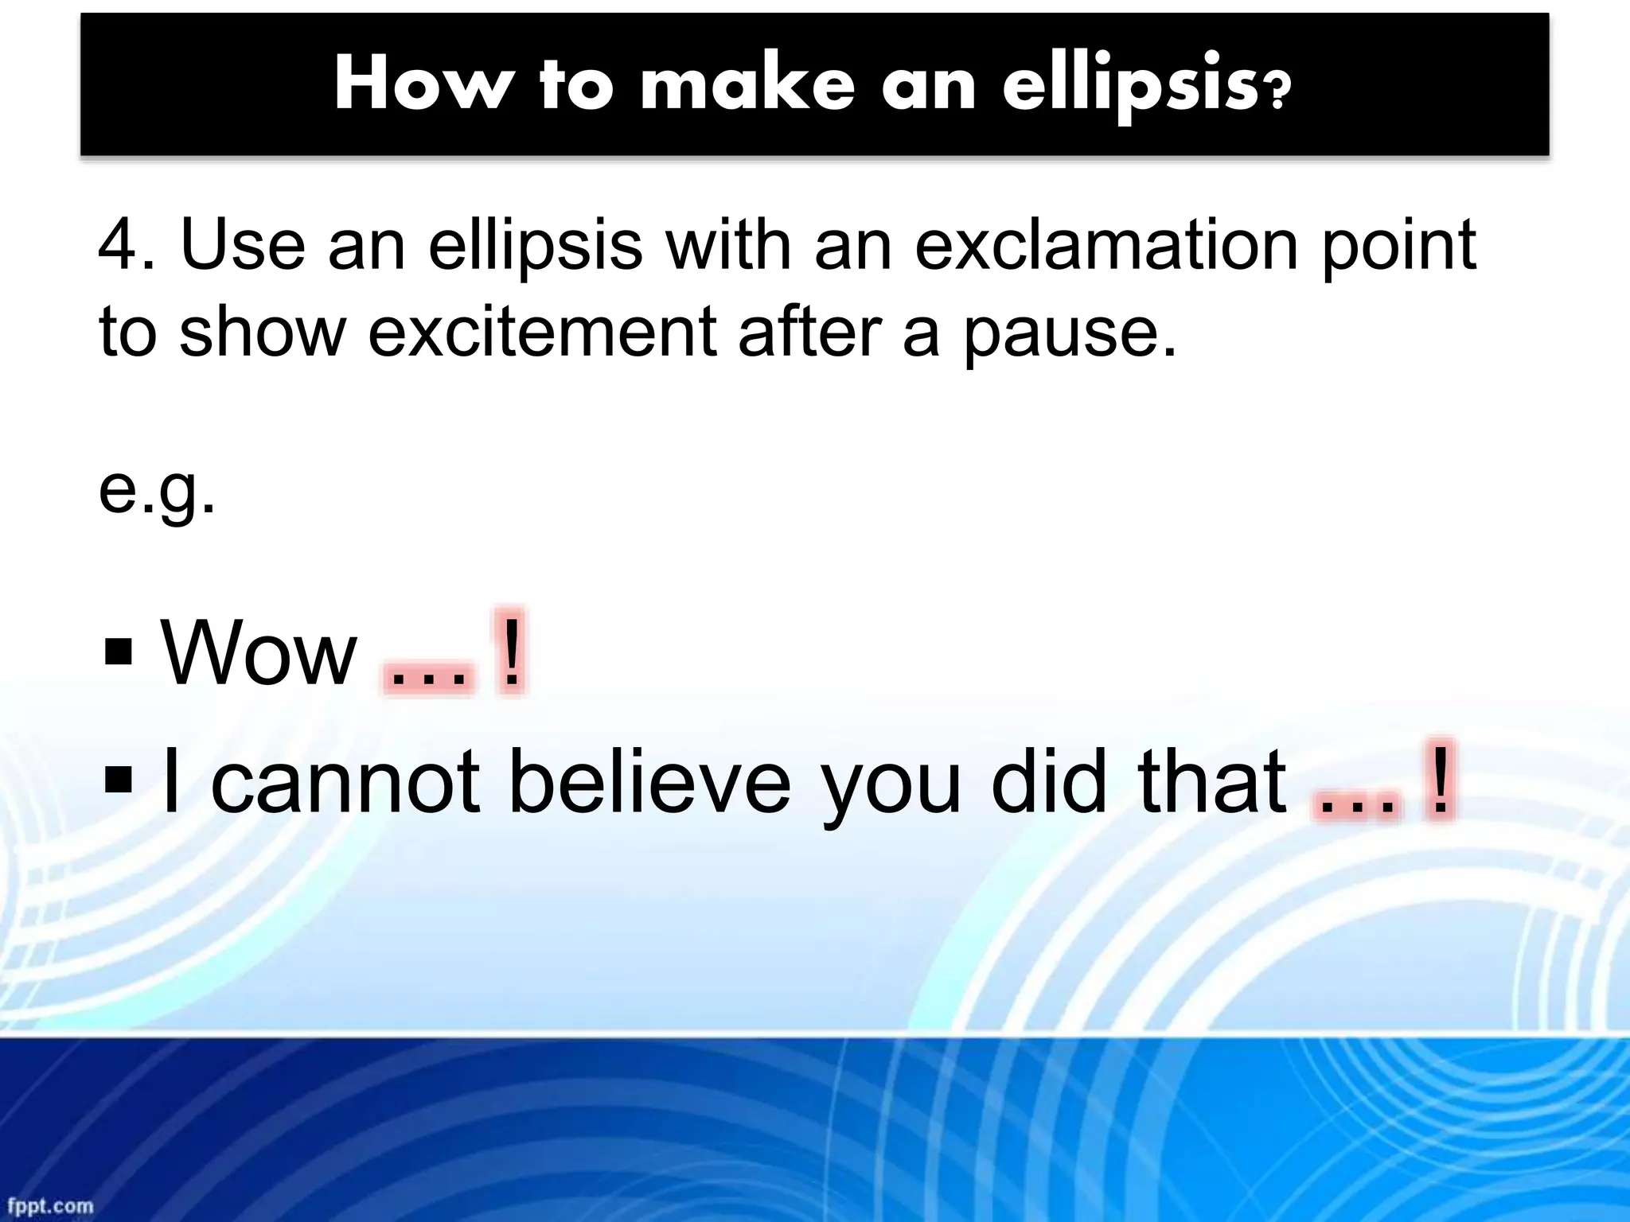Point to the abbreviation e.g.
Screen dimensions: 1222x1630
157,492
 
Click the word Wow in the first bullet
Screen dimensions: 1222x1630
259,655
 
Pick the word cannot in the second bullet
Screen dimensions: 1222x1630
345,784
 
